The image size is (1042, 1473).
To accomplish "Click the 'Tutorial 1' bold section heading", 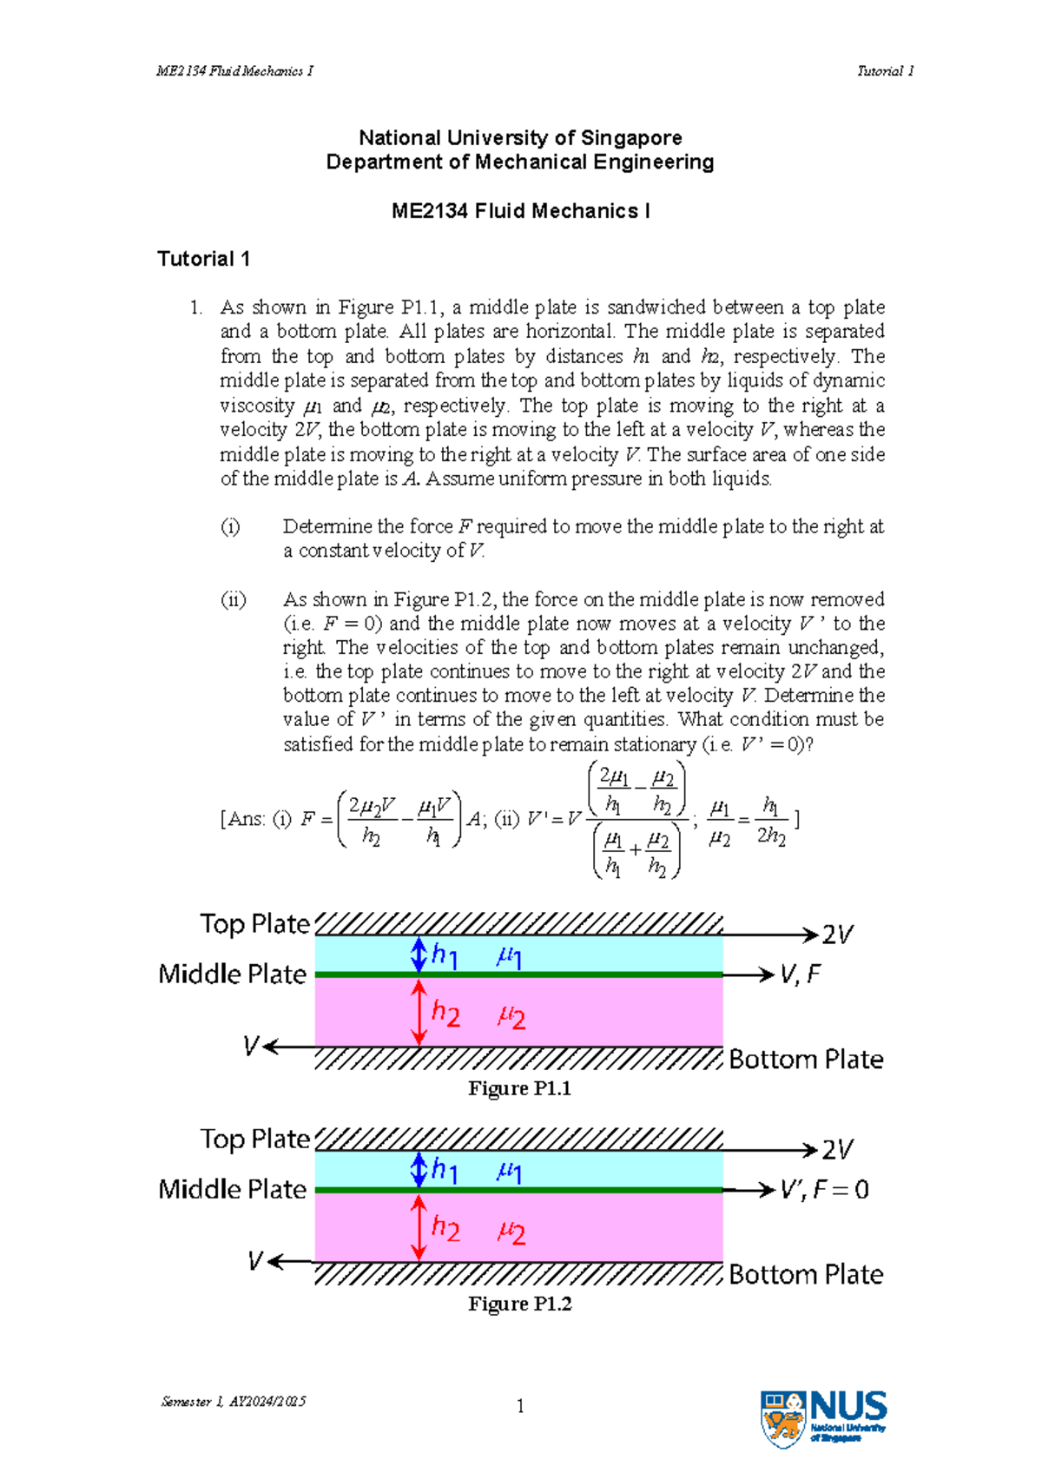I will click(x=203, y=259).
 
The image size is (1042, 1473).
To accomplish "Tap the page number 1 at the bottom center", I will click(x=520, y=1406).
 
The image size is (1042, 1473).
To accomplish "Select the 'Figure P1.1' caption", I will click(x=519, y=1088).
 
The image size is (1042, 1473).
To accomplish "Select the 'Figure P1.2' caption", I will click(x=519, y=1304).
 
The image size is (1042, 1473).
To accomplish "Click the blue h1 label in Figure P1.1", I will click(x=445, y=955).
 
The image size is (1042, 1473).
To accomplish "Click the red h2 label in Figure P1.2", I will click(x=445, y=1228).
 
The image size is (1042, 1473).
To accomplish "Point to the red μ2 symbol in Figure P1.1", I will click(x=511, y=1015).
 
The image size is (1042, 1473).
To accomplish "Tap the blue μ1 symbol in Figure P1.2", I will click(x=509, y=1172).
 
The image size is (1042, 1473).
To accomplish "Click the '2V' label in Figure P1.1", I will click(x=837, y=935).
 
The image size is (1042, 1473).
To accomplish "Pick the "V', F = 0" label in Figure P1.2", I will click(x=824, y=1190).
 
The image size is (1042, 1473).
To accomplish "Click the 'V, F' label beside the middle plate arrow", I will click(x=800, y=974).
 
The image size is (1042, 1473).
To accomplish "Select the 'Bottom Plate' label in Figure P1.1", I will click(x=806, y=1060).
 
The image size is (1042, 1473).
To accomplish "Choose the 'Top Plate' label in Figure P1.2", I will click(x=254, y=1139).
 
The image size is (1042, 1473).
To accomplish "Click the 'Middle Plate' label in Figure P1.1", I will click(x=232, y=974).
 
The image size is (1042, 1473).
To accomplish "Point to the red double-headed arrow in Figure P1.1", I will click(x=419, y=1012).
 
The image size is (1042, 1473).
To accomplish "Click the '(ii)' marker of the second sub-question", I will click(x=233, y=599).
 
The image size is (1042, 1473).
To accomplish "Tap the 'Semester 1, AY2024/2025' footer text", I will click(x=233, y=1401).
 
